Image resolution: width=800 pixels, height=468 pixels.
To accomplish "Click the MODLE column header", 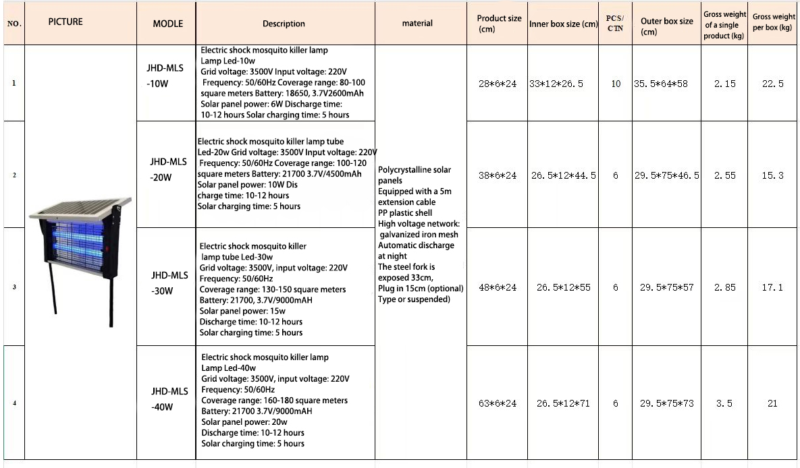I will [x=167, y=24].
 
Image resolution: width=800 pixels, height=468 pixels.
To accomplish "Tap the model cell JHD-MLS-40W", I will [x=169, y=399].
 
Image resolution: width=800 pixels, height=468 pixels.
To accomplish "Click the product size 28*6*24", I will [x=498, y=84].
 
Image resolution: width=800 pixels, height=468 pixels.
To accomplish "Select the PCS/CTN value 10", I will [x=616, y=84].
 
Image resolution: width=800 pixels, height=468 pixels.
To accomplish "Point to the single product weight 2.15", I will [x=725, y=84].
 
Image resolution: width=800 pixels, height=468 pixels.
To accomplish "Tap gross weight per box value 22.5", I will [x=772, y=84].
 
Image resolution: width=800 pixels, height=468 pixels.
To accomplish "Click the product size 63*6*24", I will [x=498, y=403].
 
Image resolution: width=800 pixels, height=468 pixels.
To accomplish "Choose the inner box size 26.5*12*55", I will [x=563, y=287].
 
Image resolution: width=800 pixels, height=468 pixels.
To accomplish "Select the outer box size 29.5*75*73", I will [x=666, y=403].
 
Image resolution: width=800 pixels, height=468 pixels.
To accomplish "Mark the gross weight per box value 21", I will [x=772, y=403].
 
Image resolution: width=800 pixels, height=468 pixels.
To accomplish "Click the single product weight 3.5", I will [x=724, y=403].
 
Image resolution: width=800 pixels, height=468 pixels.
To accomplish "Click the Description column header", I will [x=284, y=24].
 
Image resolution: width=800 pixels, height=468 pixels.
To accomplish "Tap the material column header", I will [x=417, y=24].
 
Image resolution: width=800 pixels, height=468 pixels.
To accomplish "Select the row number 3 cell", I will [x=14, y=287].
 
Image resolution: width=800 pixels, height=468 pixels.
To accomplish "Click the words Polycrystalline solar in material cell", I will [x=415, y=170].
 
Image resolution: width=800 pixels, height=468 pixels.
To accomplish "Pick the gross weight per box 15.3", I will [x=772, y=175].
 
